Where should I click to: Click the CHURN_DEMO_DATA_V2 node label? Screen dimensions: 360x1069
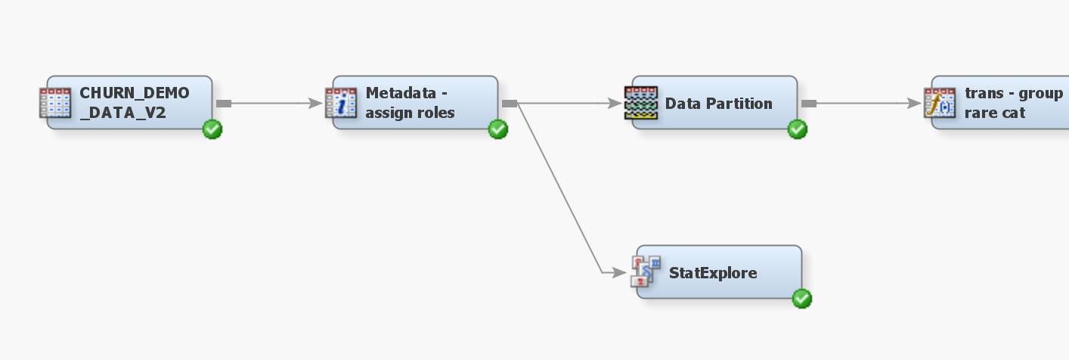[135, 103]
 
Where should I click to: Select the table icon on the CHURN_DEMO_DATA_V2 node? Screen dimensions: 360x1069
[55, 103]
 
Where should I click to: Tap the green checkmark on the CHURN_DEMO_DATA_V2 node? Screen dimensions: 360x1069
[212, 130]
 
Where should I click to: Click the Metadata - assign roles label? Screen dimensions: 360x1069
[411, 103]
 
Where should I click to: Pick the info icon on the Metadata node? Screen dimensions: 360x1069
[341, 103]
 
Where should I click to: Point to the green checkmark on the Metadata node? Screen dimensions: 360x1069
[498, 130]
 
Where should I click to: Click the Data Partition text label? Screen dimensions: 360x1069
[718, 104]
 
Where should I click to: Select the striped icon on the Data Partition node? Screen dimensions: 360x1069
[640, 103]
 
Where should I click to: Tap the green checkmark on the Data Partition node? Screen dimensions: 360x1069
[798, 130]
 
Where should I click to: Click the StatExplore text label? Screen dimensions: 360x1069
[713, 273]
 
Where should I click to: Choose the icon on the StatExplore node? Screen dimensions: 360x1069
[646, 272]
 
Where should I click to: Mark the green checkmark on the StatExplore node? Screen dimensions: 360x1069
[801, 299]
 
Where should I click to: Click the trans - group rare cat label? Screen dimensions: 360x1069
[1013, 103]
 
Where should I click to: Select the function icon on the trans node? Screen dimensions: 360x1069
[940, 103]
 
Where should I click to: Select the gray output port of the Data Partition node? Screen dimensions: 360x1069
[809, 104]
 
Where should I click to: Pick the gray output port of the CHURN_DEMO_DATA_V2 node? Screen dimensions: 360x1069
[224, 104]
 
